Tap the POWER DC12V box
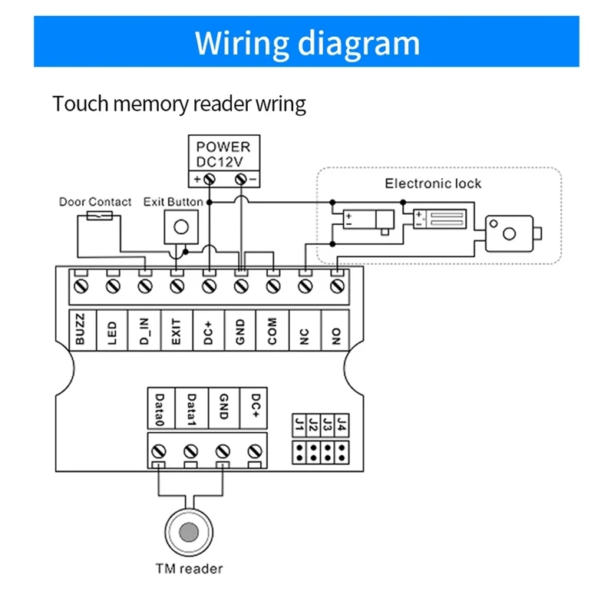pos(223,153)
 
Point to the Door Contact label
pos(95,202)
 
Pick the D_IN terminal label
pos(145,330)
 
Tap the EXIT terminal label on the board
pos(177,330)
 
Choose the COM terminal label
pos(272,330)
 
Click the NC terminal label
pos(304,330)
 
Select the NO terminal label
pos(335,330)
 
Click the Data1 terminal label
pos(192,408)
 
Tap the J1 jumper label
pos(299,424)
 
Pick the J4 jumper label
pos(342,424)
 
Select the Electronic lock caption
pos(433,183)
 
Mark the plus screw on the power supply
pos(208,180)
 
